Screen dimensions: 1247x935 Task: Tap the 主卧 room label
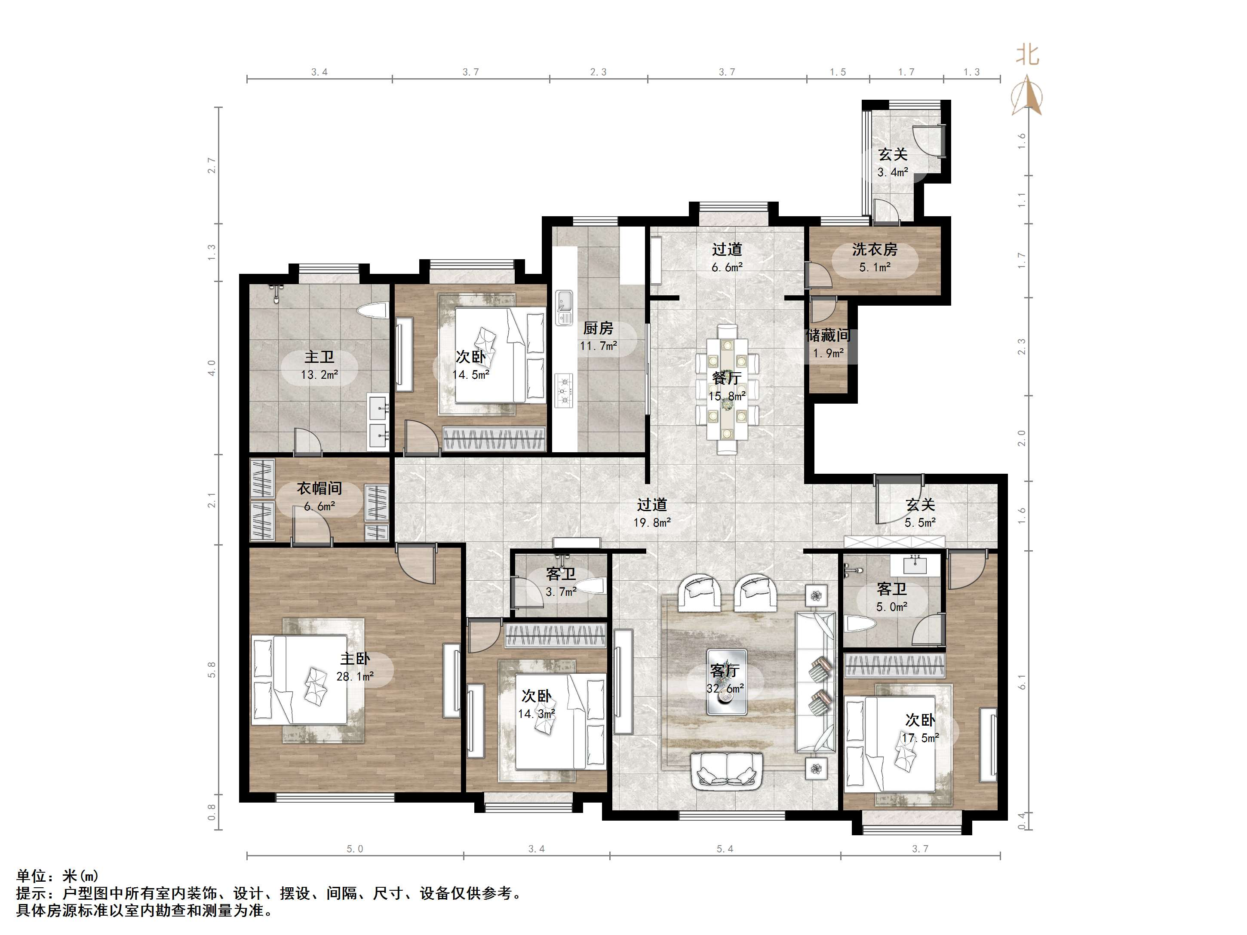coord(355,658)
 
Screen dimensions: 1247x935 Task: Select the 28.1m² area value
coord(355,676)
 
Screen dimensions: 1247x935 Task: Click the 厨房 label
coord(598,328)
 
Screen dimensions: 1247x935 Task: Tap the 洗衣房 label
coord(875,249)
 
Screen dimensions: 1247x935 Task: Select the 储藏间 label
coord(828,335)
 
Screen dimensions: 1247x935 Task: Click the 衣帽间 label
coord(319,489)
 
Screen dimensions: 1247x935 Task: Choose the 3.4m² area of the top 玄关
coord(893,172)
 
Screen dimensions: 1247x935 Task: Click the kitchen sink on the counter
coord(564,308)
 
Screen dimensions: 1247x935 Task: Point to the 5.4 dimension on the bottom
coord(725,849)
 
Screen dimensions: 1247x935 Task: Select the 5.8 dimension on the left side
coord(212,669)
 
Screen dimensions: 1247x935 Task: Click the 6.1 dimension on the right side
coord(1022,682)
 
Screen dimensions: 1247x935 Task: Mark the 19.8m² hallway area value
coord(652,522)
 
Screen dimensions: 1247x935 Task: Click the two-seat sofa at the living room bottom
coord(727,769)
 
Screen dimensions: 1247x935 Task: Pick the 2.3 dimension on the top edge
coord(599,72)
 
